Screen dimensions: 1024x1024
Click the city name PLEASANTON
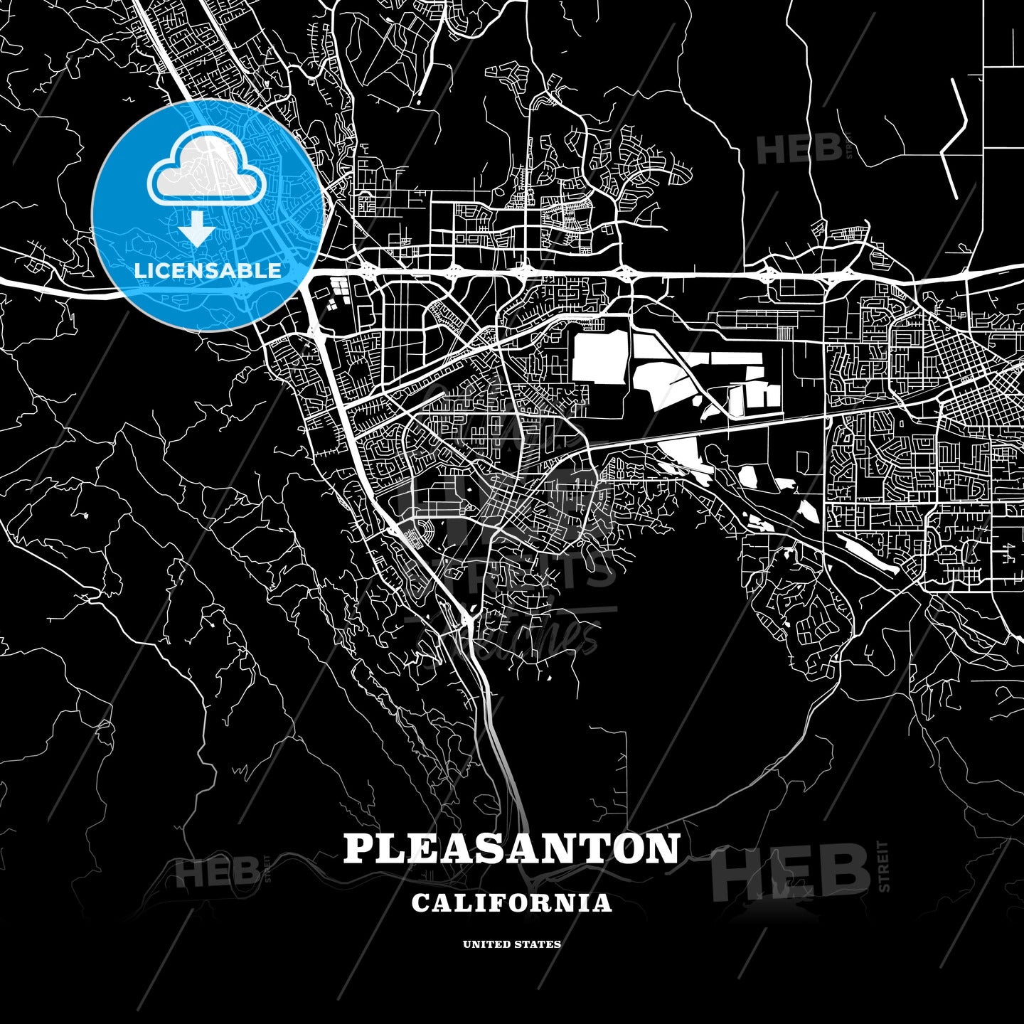tap(511, 848)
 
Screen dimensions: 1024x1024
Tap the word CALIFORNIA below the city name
tap(511, 902)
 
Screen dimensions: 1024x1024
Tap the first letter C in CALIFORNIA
tap(420, 902)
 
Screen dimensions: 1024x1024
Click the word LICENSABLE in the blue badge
tap(208, 270)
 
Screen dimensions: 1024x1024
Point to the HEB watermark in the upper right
tap(799, 149)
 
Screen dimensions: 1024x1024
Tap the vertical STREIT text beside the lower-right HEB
tap(884, 865)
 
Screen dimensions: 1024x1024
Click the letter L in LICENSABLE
tap(139, 270)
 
